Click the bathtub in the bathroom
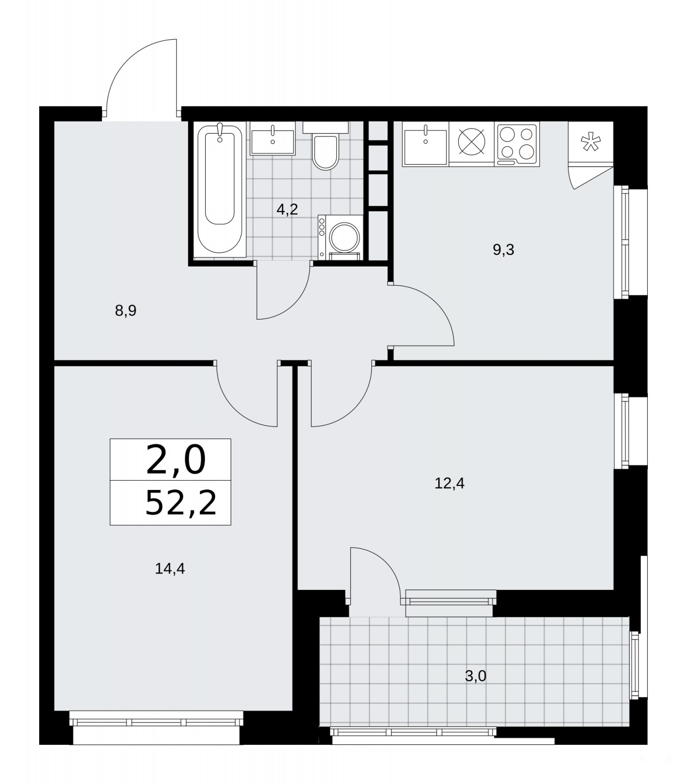[x=220, y=189]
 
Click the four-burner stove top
[x=517, y=143]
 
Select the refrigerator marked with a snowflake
[x=590, y=143]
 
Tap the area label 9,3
[x=503, y=250]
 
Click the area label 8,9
[x=125, y=311]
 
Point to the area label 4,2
[x=287, y=210]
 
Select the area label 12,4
[x=449, y=484]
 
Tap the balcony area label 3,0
[x=475, y=676]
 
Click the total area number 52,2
[x=181, y=503]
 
